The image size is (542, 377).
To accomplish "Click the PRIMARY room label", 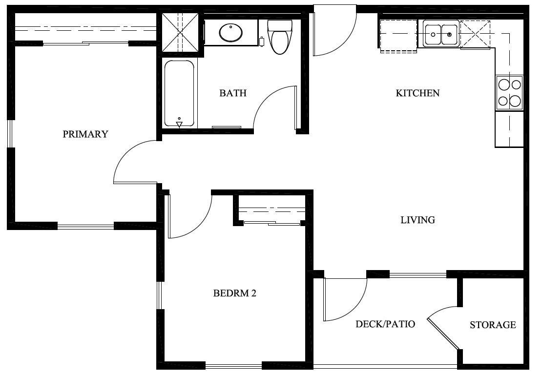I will (x=85, y=134).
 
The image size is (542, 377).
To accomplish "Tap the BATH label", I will (x=233, y=93).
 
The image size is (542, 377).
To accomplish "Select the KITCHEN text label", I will (x=417, y=93).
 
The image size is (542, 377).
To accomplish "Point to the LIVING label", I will (x=417, y=220).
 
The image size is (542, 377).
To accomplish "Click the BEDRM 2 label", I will (x=235, y=293).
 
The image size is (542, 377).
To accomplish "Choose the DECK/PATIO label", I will (x=385, y=324).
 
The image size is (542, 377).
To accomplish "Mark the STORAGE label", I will (x=493, y=325).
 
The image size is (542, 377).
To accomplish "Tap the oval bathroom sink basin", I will (x=231, y=33).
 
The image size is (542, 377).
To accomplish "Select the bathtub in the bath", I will (x=179, y=93).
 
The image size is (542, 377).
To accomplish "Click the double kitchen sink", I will (x=441, y=34).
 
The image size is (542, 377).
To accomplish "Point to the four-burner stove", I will (x=509, y=93).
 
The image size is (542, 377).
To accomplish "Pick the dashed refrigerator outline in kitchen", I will (x=398, y=36).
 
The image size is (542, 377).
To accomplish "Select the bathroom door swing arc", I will (x=273, y=107).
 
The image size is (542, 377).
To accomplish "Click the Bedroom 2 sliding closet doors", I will (x=271, y=224).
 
